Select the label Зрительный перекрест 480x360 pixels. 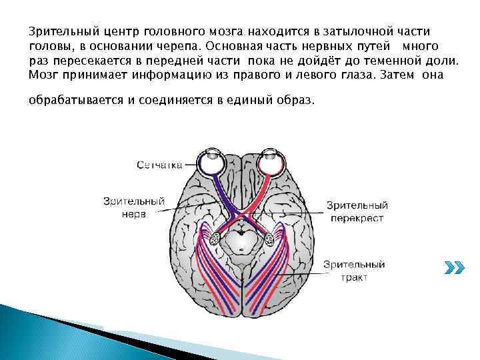(357, 211)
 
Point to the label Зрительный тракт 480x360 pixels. (354, 271)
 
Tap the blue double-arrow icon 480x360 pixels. (453, 267)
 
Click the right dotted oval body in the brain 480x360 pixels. (269, 236)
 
